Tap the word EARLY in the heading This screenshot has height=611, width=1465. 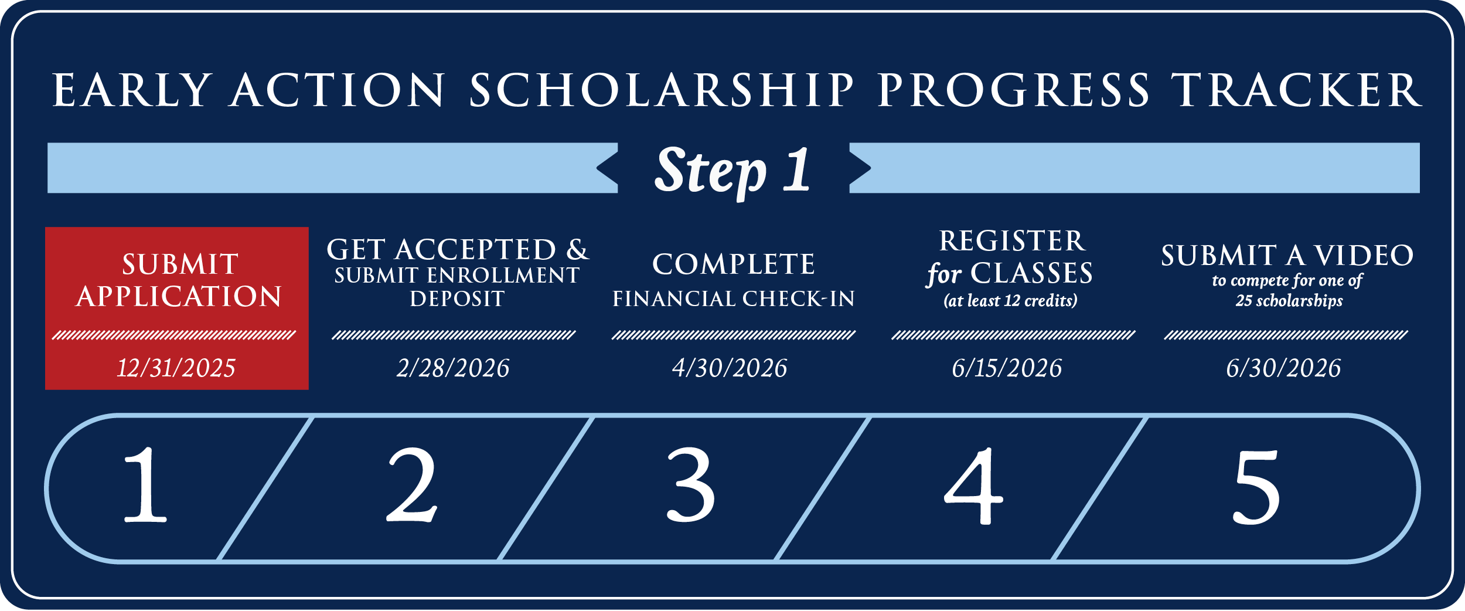tap(132, 90)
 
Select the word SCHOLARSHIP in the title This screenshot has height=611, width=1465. tap(662, 90)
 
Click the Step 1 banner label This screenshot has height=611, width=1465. tap(733, 170)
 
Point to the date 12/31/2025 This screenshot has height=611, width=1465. tap(176, 368)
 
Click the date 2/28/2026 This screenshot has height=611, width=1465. tap(453, 368)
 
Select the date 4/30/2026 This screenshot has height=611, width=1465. tap(730, 368)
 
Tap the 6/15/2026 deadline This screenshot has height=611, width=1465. tap(1007, 368)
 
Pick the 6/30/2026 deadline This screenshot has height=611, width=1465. tap(1283, 368)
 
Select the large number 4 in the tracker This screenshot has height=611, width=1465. tap(973, 486)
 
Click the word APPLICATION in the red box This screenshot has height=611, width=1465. tap(179, 297)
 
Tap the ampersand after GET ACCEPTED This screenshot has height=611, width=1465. tap(577, 250)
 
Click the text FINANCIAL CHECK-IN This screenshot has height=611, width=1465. tap(734, 299)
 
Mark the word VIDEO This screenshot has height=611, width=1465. tap(1364, 256)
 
